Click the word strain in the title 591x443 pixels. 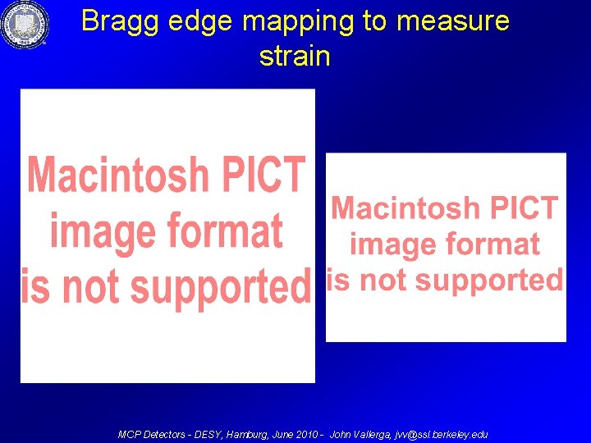point(295,57)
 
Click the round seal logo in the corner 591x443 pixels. point(25,25)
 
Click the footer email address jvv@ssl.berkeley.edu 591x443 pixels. point(441,434)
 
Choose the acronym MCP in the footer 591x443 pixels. point(130,434)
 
